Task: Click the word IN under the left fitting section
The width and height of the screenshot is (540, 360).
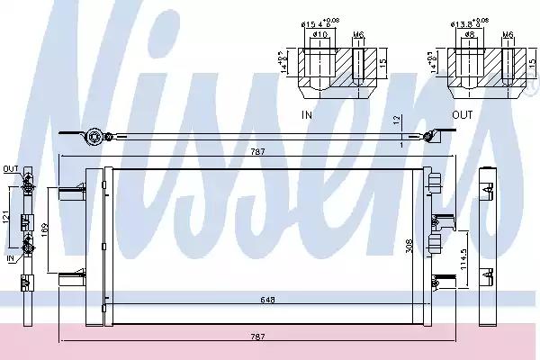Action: coord(308,115)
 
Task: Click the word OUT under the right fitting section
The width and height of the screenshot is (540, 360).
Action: coord(461,115)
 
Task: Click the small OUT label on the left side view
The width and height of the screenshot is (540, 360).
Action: coord(10,168)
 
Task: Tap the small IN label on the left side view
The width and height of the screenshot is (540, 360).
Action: coord(10,258)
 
